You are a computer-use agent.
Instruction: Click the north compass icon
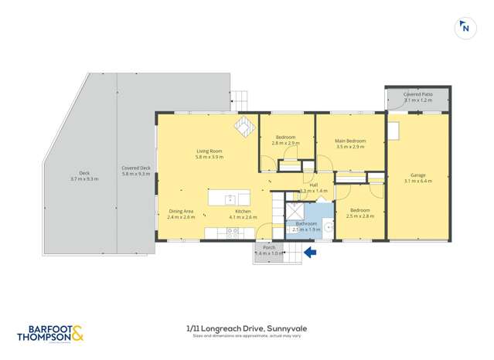pyautogui.click(x=465, y=29)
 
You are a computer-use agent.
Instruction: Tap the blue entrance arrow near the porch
pyautogui.click(x=310, y=252)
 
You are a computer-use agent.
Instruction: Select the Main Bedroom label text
pyautogui.click(x=349, y=141)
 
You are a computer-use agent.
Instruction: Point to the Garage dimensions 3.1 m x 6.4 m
pyautogui.click(x=417, y=181)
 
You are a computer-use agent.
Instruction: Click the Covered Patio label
pyautogui.click(x=417, y=94)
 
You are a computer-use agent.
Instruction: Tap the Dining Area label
pyautogui.click(x=181, y=211)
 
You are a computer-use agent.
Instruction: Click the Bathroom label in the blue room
pyautogui.click(x=305, y=223)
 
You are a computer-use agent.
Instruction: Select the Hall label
pyautogui.click(x=313, y=185)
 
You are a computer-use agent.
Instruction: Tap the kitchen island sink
pyautogui.click(x=230, y=199)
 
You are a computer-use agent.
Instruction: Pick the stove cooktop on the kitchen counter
pyautogui.click(x=231, y=231)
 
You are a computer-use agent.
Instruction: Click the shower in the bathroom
pyautogui.click(x=296, y=212)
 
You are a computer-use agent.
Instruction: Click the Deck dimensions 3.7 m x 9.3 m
pyautogui.click(x=84, y=178)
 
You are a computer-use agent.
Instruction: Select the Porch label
pyautogui.click(x=269, y=247)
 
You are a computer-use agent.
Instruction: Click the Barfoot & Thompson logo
pyautogui.click(x=50, y=334)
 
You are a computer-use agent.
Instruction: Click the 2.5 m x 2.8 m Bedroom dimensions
pyautogui.click(x=359, y=216)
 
